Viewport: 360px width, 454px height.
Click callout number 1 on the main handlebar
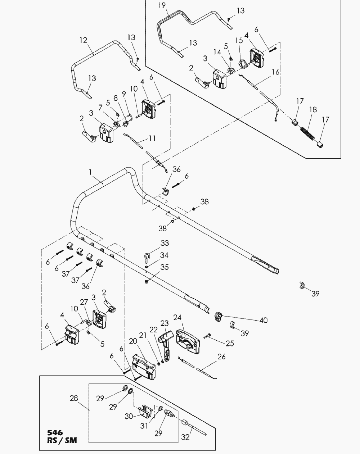tap(91, 173)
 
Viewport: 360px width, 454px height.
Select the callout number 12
tap(83, 40)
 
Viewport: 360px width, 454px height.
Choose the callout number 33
tap(154, 243)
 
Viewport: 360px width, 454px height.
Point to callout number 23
tap(165, 322)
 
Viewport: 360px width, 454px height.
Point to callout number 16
tap(275, 72)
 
